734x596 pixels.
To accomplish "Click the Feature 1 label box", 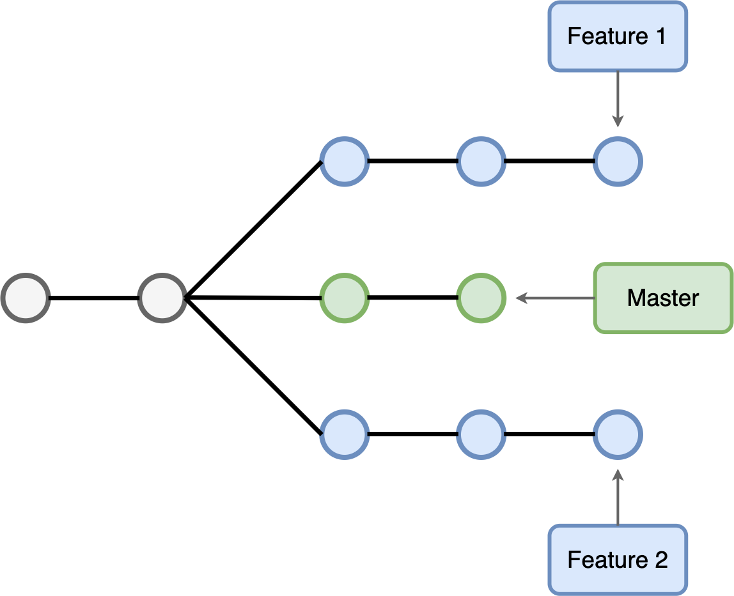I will (x=617, y=36).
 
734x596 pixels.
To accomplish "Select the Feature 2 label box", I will (x=617, y=560).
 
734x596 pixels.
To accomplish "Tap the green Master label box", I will (x=663, y=298).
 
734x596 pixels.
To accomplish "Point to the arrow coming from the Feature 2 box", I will (x=618, y=498).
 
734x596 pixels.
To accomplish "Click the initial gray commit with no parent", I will (x=26, y=298).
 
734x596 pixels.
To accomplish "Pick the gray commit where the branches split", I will (x=162, y=298).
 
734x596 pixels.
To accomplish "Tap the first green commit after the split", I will (x=345, y=298).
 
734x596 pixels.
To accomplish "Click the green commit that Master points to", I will (x=481, y=298).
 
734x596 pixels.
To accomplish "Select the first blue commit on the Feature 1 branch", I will (x=345, y=161).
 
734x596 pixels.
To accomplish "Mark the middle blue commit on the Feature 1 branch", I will (x=481, y=161).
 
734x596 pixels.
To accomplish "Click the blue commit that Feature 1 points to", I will (x=618, y=161).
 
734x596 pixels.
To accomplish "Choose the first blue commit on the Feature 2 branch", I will (x=345, y=434).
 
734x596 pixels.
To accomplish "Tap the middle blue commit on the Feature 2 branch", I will (x=481, y=434).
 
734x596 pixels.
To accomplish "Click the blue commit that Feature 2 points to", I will (x=618, y=434).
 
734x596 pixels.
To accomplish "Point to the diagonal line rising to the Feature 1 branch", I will (x=253, y=229).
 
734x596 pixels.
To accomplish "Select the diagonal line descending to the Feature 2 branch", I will (x=253, y=366).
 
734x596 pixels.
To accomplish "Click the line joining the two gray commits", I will (x=94, y=298).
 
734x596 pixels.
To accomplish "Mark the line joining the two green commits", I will (x=413, y=298).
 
